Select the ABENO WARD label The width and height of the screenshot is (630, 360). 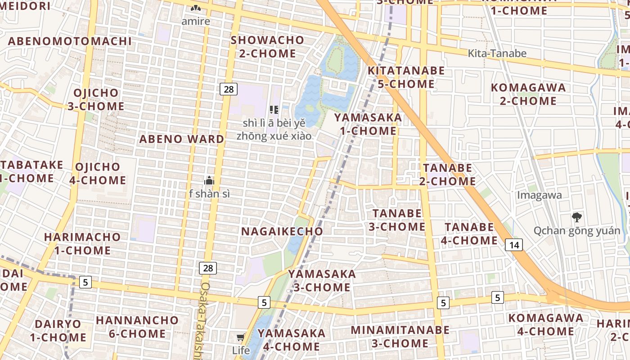(181, 139)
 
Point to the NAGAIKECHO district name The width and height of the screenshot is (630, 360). (282, 231)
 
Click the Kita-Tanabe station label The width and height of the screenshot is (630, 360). (497, 54)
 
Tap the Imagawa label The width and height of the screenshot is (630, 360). (540, 195)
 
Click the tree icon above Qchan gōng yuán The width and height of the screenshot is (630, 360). (576, 218)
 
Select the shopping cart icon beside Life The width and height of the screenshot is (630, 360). (241, 337)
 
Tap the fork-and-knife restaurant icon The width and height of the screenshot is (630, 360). (274, 109)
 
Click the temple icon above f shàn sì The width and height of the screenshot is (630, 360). (209, 181)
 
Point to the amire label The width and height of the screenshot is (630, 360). (196, 21)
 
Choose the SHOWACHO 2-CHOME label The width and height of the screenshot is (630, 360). (267, 47)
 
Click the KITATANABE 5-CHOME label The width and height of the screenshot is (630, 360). (406, 77)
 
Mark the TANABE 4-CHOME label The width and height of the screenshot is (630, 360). (469, 234)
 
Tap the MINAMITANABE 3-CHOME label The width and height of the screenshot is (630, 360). (400, 337)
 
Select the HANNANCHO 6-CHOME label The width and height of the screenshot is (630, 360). (137, 327)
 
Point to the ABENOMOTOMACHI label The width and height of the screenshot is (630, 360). (70, 41)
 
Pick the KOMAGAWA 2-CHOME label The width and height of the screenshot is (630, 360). (528, 94)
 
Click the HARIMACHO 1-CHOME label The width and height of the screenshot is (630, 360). (82, 243)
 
